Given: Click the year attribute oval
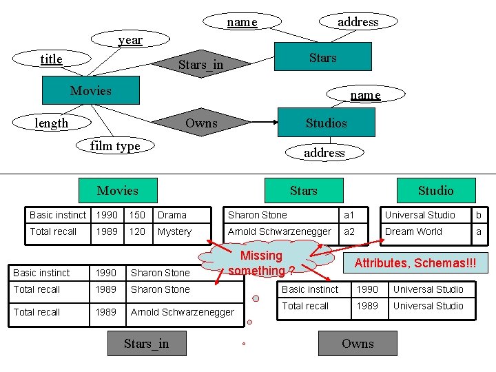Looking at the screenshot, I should (x=130, y=40).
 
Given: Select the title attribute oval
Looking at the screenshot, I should (x=52, y=59).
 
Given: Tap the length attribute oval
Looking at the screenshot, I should (x=52, y=123).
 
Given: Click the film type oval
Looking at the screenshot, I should (x=115, y=146).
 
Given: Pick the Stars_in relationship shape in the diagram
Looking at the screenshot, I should (x=200, y=65).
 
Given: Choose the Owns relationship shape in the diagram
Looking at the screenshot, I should (x=201, y=123).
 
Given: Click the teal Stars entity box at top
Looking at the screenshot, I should (x=322, y=57).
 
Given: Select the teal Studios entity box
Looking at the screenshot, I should (x=326, y=123).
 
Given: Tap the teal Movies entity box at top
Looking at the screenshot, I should (x=90, y=90).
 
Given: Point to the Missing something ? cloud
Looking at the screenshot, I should (x=262, y=263).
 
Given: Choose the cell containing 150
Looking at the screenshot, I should (x=138, y=215).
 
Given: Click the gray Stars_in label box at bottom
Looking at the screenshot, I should (x=146, y=344).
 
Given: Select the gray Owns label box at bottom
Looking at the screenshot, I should (x=358, y=344).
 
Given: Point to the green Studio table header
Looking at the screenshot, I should (x=435, y=190).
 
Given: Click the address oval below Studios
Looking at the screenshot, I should (x=324, y=153).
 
